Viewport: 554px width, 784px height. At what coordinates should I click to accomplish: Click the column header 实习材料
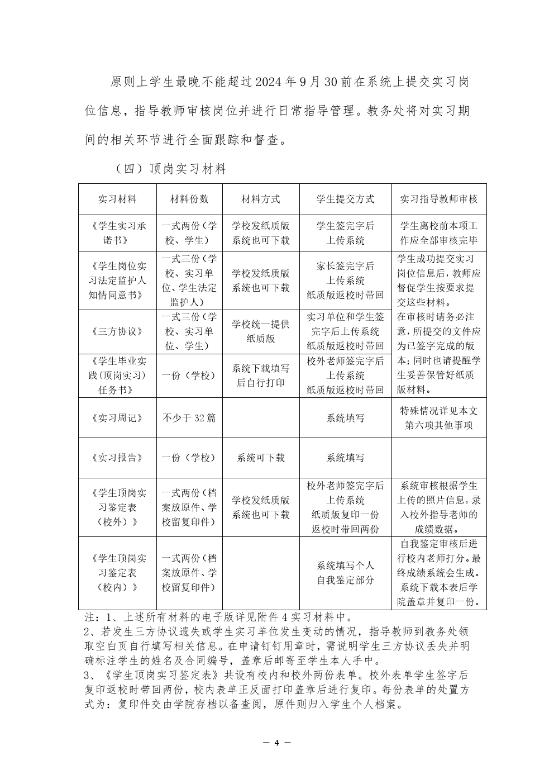point(117,199)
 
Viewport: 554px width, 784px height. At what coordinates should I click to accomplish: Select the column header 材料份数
point(189,199)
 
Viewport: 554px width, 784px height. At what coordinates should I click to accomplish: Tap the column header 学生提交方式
point(345,199)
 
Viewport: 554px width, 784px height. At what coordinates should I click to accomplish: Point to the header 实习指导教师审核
point(439,199)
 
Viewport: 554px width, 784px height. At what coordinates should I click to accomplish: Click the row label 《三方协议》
point(117,331)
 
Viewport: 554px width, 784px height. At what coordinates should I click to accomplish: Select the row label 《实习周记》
point(117,418)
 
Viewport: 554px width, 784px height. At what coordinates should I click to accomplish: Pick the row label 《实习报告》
point(117,458)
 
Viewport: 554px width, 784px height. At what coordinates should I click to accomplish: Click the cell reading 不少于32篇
point(189,418)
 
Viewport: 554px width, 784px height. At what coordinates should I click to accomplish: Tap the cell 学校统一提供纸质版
point(261,331)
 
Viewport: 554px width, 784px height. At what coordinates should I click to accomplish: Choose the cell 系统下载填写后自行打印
point(261,376)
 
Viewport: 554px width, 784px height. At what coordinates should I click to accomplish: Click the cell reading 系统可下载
point(261,458)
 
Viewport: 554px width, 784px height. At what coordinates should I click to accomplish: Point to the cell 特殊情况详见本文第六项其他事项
point(439,418)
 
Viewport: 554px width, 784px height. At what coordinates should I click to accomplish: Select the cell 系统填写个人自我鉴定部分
point(345,573)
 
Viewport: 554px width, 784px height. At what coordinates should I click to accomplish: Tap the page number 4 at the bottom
point(277,743)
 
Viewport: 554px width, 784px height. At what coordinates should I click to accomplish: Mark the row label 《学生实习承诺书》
point(117,234)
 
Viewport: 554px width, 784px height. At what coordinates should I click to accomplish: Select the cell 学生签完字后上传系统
point(345,234)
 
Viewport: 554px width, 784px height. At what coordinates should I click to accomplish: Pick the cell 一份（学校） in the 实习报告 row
point(189,458)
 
